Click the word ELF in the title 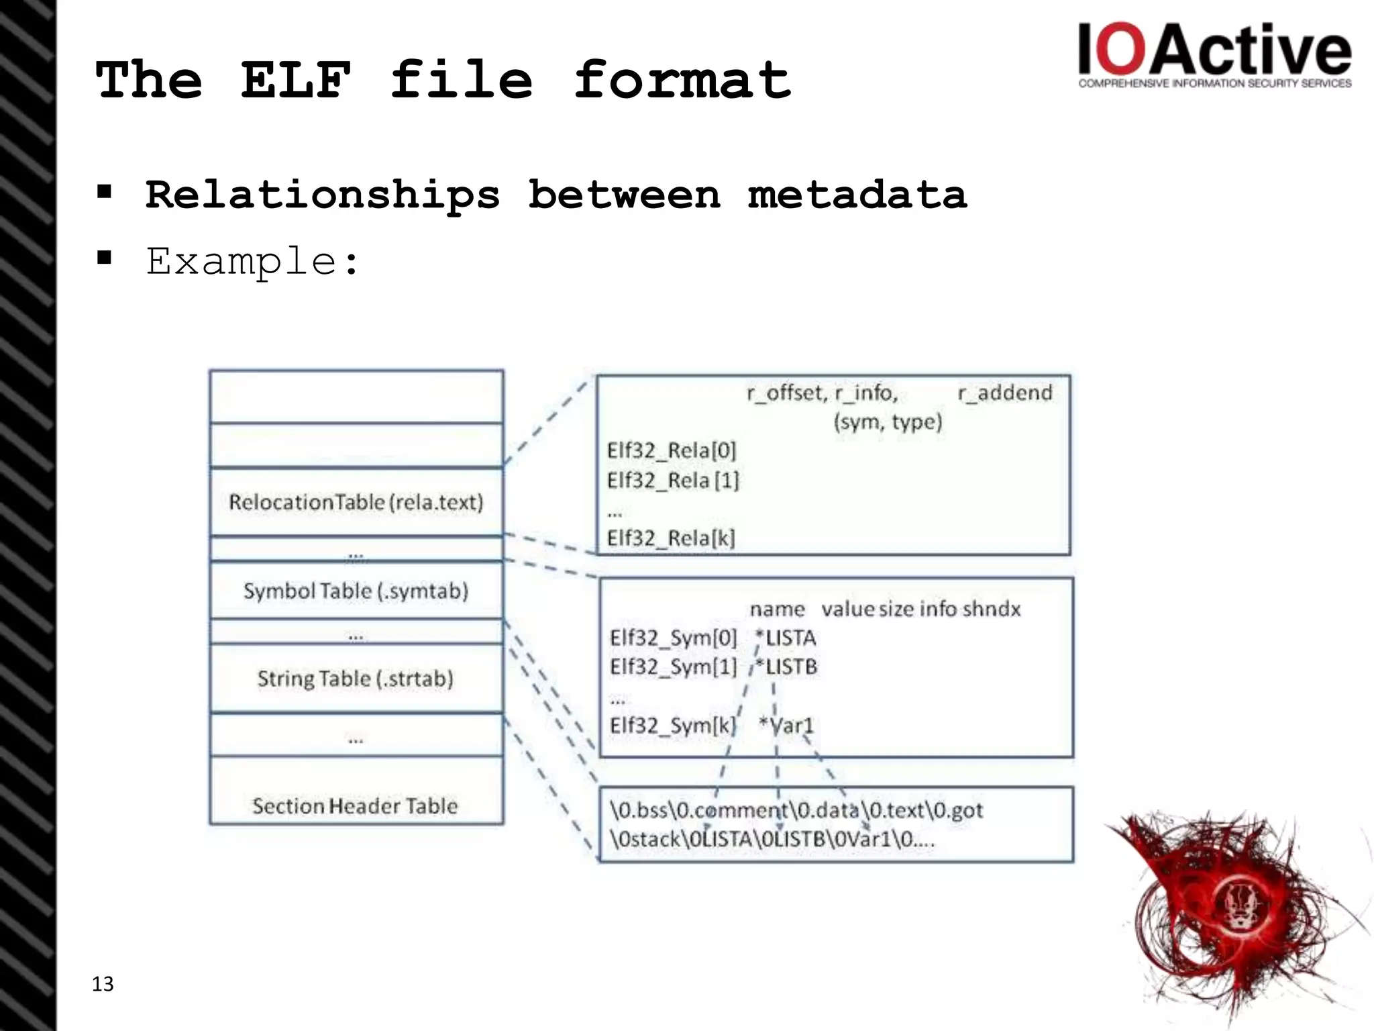pos(296,80)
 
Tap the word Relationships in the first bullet pos(323,195)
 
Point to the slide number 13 pos(103,984)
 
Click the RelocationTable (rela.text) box pos(356,502)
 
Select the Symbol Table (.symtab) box pos(356,591)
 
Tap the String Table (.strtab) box pos(356,679)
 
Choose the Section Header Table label pos(355,805)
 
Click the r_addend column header pos(1004,393)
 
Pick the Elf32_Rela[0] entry pos(672,450)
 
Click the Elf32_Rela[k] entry pos(671,538)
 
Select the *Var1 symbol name pos(786,725)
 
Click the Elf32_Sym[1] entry pos(673,667)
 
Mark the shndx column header pos(991,609)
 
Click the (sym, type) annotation pos(888,422)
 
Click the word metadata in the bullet pos(857,195)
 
